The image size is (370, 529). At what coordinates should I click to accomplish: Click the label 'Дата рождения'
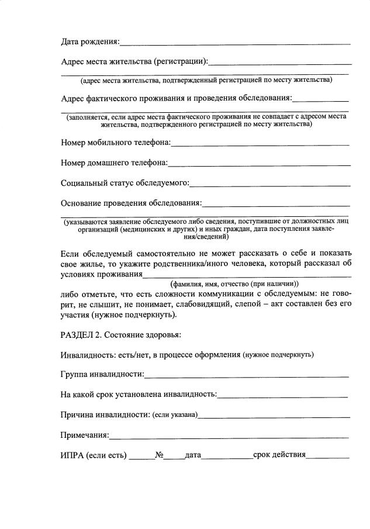(x=89, y=41)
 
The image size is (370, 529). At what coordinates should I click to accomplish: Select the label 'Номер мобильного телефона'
(x=116, y=142)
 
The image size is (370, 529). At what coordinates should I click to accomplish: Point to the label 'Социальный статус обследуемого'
(x=125, y=183)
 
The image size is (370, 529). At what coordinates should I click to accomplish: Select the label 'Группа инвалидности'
(x=102, y=374)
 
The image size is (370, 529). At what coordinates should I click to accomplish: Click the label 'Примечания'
(x=85, y=435)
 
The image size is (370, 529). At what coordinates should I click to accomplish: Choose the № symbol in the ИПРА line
(x=158, y=455)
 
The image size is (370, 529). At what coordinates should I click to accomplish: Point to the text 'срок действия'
(x=279, y=455)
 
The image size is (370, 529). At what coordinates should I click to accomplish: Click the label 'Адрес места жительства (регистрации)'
(x=134, y=61)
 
